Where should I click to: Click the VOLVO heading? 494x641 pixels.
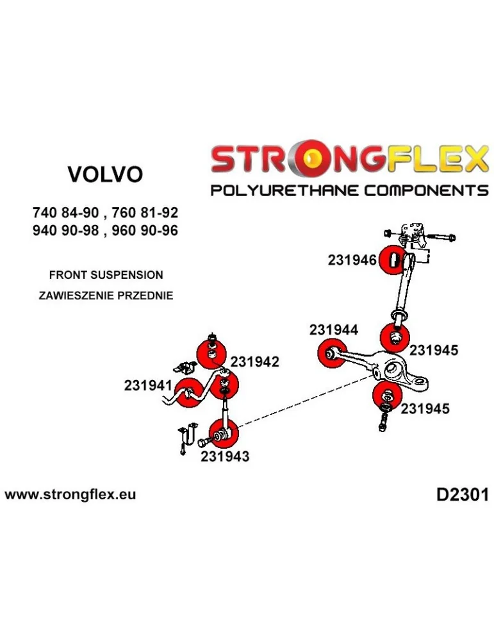[105, 174]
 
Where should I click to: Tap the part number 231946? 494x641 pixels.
[352, 260]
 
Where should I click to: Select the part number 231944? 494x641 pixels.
[333, 330]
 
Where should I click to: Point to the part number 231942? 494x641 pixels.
[254, 362]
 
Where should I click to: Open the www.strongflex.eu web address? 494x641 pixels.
[70, 495]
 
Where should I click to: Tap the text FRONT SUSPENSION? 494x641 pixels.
[106, 275]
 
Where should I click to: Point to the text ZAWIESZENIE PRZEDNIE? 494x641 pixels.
[106, 296]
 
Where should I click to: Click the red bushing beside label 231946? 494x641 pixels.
[391, 260]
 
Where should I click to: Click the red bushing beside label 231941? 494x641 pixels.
[188, 394]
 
